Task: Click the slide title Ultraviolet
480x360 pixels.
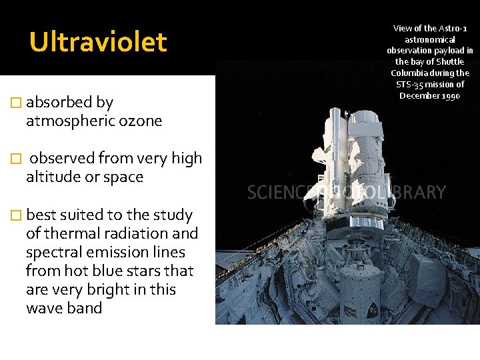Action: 98,42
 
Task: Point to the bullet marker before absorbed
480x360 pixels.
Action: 17,103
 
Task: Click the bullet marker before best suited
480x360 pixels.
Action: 17,215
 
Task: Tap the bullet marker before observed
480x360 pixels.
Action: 17,159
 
